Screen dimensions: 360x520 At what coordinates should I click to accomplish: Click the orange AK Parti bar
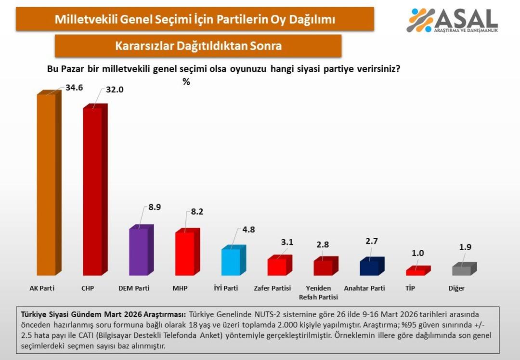pos(46,185)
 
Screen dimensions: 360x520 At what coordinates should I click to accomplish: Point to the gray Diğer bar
pos(462,270)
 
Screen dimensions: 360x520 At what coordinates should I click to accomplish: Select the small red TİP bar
pos(416,272)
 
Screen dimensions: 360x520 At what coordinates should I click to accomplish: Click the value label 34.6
pos(75,88)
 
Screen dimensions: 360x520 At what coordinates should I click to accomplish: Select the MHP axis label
pos(180,288)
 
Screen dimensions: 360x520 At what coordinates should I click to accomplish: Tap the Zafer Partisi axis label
pos(273,288)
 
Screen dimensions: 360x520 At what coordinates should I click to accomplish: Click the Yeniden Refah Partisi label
pos(318,293)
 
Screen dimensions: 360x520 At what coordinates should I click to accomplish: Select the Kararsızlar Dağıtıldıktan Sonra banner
pos(198,46)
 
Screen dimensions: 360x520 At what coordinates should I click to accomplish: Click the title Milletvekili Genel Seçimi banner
pos(195,20)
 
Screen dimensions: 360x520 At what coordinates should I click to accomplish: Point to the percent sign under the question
pos(186,82)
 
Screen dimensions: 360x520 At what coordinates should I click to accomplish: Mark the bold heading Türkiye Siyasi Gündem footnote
pos(103,314)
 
